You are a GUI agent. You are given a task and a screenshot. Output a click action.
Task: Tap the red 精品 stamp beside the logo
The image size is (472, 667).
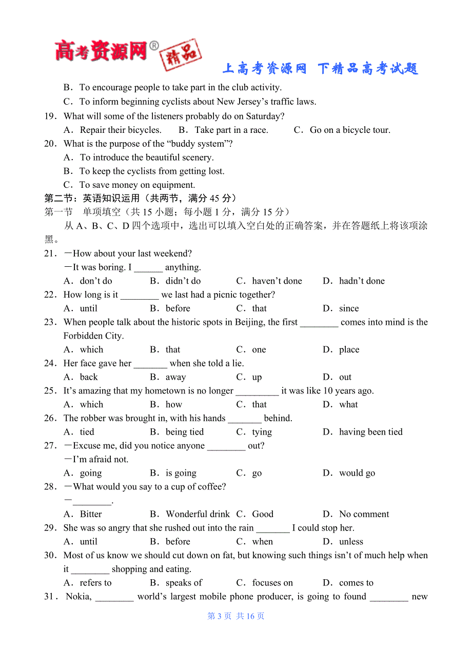coord(180,54)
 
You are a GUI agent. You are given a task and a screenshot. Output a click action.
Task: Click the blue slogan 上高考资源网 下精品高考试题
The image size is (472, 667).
coord(320,69)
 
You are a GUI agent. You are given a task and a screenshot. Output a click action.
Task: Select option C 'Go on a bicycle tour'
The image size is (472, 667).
coord(349,130)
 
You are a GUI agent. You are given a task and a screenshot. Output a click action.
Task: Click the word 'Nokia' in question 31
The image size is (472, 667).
coord(78,597)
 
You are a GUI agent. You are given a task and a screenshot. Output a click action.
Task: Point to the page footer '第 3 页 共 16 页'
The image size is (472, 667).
coord(235,616)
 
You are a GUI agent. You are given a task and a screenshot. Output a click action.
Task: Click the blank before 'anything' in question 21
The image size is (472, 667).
coord(148,268)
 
